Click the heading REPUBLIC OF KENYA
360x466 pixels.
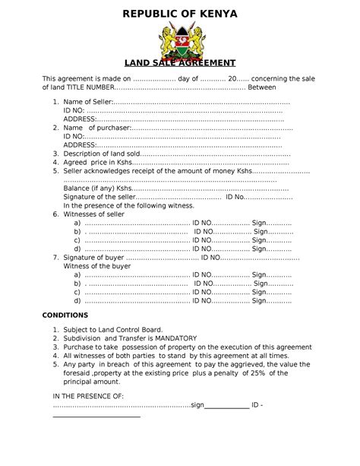[180, 14]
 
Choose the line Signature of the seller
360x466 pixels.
[103, 197]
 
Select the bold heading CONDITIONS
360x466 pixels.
[65, 315]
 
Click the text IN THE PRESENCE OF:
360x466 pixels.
[87, 397]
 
